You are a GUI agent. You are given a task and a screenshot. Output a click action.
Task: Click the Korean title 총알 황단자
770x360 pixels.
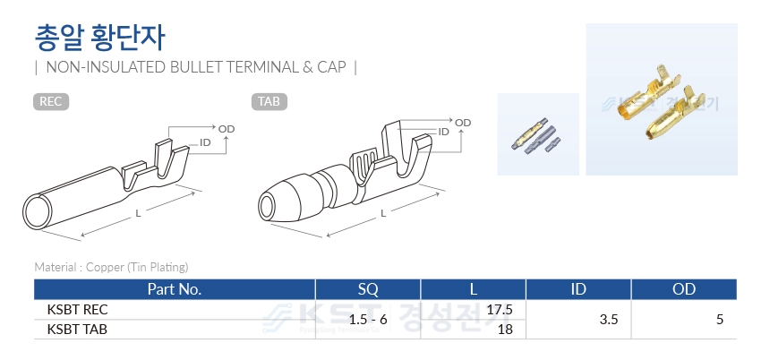tap(100, 38)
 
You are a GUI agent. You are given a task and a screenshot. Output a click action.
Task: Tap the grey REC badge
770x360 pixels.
tap(51, 102)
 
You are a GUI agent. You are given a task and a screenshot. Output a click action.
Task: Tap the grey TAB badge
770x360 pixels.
tap(269, 102)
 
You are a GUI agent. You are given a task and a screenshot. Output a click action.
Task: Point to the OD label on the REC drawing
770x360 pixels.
tap(227, 129)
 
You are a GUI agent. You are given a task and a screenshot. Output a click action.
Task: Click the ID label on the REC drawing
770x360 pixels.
tap(205, 142)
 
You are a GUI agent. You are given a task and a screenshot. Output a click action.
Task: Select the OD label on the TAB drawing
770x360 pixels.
tap(463, 123)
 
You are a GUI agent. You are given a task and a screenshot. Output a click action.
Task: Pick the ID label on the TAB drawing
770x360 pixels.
tap(443, 132)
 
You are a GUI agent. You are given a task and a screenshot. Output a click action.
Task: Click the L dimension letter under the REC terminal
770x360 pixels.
tap(139, 213)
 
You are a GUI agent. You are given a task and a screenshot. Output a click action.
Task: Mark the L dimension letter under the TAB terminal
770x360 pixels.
tap(383, 212)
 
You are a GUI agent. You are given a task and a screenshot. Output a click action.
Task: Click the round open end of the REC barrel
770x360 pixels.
tap(38, 211)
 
